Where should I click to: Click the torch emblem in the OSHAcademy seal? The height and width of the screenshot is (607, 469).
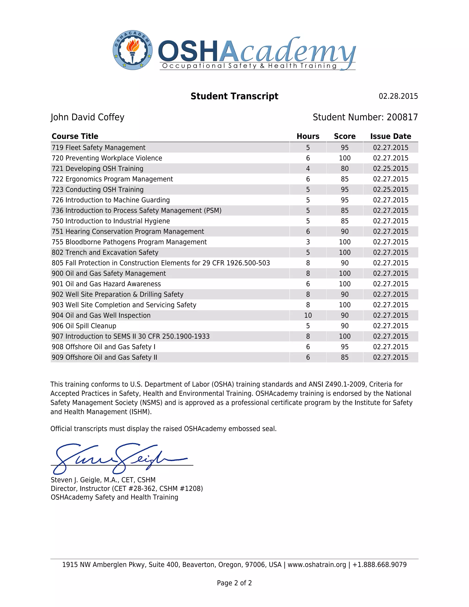133,50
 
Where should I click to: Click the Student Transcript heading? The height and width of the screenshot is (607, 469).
234,96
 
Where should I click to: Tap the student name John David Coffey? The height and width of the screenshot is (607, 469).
87,117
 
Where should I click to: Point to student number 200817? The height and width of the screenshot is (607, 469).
402,117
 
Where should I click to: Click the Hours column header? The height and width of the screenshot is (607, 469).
308,136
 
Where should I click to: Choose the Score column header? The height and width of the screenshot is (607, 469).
344,136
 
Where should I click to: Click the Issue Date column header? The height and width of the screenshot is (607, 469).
390,136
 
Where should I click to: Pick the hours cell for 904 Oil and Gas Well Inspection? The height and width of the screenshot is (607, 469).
308,315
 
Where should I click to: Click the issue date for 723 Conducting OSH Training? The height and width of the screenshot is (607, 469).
390,190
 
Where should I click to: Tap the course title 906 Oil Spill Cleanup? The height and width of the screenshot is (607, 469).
84,326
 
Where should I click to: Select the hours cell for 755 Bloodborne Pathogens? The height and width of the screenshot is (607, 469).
308,242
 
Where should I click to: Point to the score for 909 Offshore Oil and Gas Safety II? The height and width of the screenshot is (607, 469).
344,357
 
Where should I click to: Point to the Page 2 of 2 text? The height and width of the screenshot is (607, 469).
234,583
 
